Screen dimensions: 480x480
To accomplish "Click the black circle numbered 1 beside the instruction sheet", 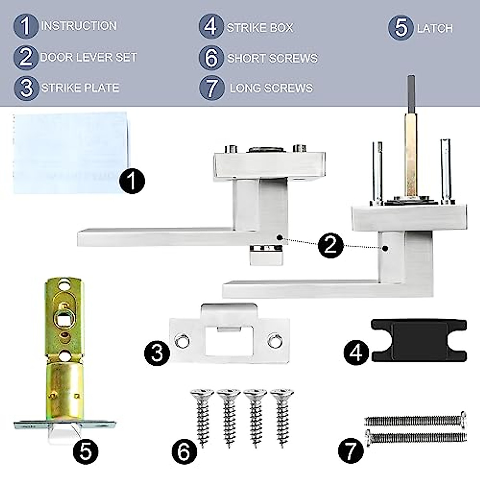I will pos(132,181).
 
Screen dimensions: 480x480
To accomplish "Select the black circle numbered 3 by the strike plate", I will pos(157,352).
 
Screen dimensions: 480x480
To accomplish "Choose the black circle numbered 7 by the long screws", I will pos(351,451).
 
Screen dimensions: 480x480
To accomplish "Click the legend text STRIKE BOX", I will pos(260,28).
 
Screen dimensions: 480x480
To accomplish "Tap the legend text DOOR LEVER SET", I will pos(88,57).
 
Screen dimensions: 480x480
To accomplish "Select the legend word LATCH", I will pos(435,28).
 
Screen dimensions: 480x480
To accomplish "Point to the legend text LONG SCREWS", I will pos(271,88).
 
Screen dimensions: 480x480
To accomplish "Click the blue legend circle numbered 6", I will pos(211,58).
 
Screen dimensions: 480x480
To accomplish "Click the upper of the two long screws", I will pos(416,419).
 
